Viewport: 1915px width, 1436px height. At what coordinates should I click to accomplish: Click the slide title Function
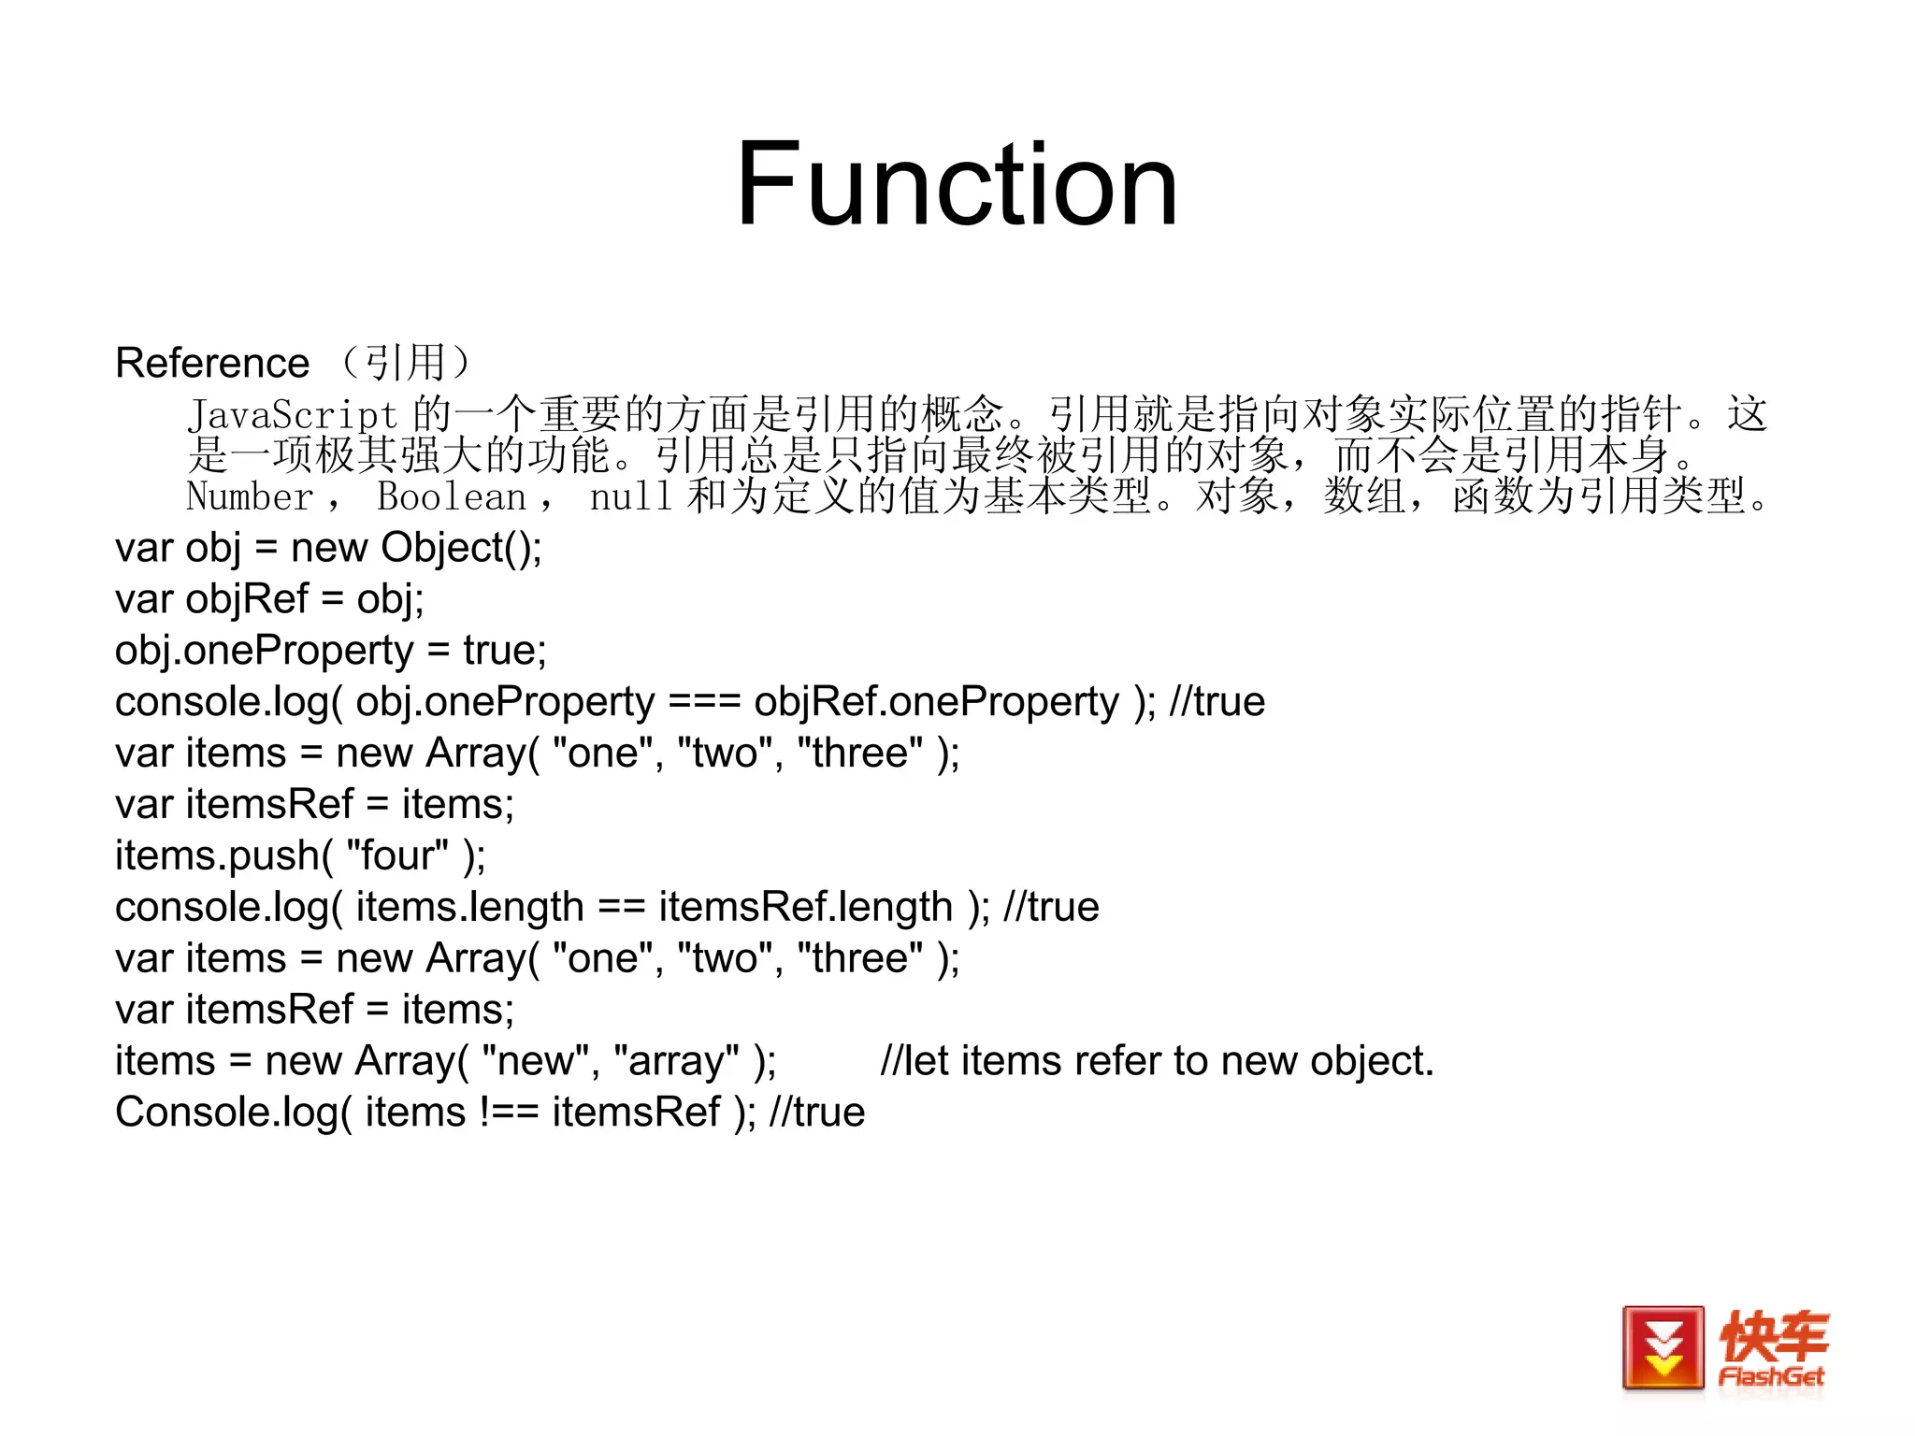tap(956, 184)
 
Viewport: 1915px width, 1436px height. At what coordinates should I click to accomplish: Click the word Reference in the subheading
tap(212, 363)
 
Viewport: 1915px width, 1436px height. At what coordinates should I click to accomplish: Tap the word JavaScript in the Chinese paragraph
tap(293, 415)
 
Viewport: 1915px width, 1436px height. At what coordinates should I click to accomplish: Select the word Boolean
tap(452, 496)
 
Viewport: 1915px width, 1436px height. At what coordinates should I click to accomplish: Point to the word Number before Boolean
tap(250, 496)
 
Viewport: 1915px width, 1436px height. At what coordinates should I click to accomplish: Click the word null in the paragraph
tap(630, 496)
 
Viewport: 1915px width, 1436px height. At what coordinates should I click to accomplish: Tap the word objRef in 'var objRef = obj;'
tap(247, 599)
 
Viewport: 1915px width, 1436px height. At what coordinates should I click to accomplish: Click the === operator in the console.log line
tap(705, 702)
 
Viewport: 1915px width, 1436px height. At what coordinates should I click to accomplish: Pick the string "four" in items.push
tap(397, 856)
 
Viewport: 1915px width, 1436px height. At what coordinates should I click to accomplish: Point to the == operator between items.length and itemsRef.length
tap(621, 908)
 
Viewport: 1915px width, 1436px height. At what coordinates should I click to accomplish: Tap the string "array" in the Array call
tap(676, 1061)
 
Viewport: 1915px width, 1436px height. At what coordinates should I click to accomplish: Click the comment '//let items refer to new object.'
tap(1157, 1061)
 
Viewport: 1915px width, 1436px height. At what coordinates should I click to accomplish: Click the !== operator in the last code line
tap(509, 1113)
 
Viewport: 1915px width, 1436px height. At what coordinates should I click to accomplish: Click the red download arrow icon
tap(1663, 1347)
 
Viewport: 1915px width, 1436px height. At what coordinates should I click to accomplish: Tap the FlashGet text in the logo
tap(1771, 1377)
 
